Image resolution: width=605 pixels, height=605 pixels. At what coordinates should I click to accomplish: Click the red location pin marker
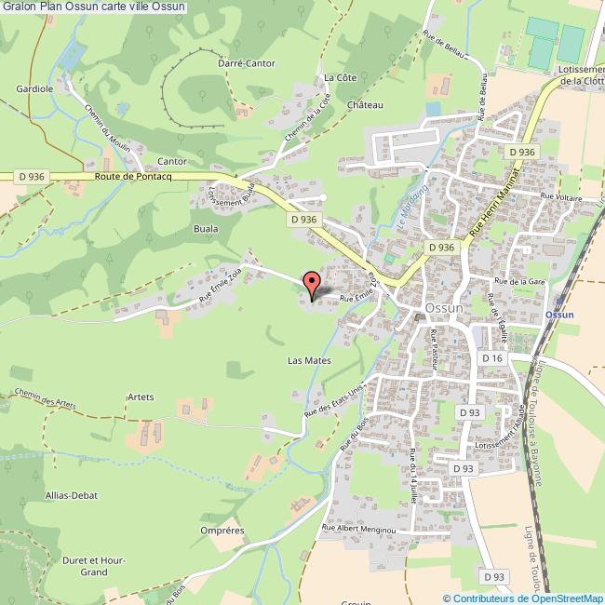(312, 282)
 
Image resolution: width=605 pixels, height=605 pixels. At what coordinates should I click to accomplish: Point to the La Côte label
(334, 77)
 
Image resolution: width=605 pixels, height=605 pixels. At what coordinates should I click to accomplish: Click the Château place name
(366, 105)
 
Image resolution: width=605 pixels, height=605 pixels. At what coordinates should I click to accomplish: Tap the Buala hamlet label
(206, 227)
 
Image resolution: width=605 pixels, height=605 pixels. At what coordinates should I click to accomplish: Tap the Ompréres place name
(222, 531)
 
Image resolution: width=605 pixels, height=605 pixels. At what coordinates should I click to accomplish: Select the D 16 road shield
(492, 358)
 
